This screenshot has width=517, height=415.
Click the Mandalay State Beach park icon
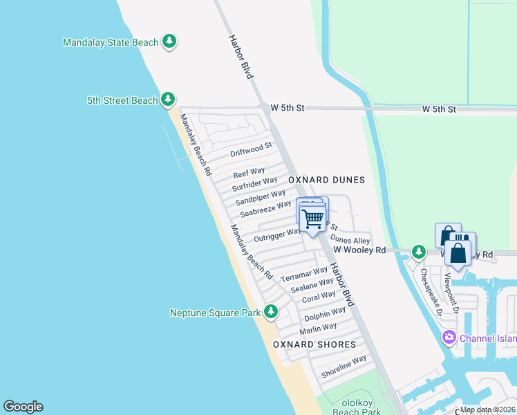(169, 42)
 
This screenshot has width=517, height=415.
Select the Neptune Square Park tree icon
(270, 313)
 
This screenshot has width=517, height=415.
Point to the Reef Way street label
(249, 172)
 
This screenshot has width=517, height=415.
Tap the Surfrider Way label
(255, 185)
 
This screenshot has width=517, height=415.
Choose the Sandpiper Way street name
(260, 197)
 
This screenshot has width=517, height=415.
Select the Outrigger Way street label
(276, 236)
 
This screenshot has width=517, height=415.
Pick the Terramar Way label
(304, 274)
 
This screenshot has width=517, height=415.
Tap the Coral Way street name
(319, 298)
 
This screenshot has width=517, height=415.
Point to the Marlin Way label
(318, 328)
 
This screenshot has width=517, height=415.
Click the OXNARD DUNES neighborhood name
(326, 180)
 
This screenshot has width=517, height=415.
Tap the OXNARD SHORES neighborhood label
(314, 344)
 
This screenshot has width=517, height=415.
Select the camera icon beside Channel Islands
(449, 338)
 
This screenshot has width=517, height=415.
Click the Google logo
(23, 407)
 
